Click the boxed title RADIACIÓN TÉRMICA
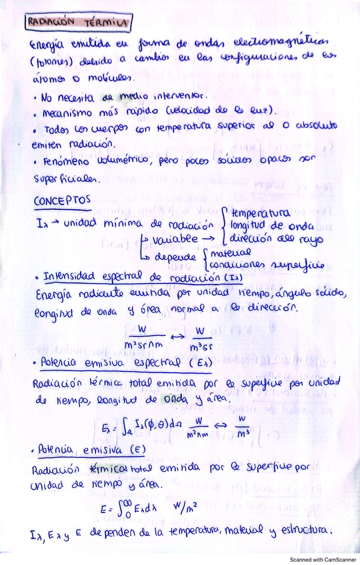tap(78, 23)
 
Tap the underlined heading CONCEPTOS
tap(61, 201)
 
